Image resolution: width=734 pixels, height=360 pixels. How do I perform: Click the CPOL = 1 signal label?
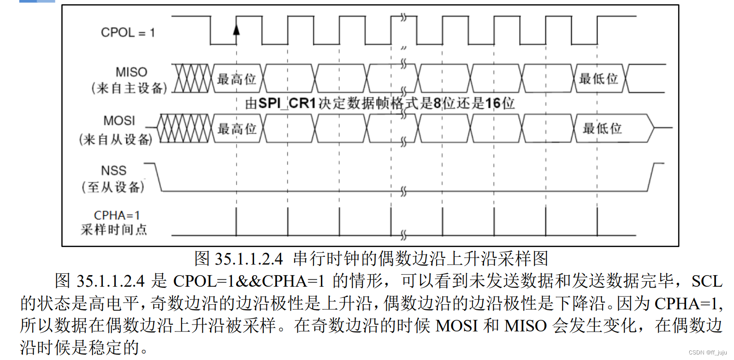pos(128,33)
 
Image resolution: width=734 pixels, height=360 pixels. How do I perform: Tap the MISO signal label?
pos(131,72)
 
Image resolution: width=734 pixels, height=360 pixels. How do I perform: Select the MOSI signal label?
pos(119,121)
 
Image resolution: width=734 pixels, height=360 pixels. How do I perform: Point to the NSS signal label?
pos(113,171)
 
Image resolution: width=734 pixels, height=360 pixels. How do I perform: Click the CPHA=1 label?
pos(117,215)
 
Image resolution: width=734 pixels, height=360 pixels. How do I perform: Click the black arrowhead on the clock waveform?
pos(237,30)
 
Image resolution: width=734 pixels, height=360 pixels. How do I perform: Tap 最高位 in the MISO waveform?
pos(237,79)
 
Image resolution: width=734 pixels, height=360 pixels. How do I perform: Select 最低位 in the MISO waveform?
pos(598,79)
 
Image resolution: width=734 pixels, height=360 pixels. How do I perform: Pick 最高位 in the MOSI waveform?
pos(237,129)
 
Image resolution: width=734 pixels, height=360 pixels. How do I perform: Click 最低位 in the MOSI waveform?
pos(603,128)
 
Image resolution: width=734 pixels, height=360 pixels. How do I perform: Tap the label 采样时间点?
pos(114,229)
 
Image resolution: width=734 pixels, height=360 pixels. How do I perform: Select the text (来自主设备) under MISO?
pos(129,88)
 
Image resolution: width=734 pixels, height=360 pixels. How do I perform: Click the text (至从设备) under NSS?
pos(113,187)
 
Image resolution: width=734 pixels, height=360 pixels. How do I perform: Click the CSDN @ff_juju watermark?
pos(707,353)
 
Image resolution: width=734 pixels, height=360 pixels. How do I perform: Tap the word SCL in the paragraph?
pos(706,281)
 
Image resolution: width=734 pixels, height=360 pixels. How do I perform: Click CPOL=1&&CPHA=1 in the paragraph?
pos(249,281)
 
